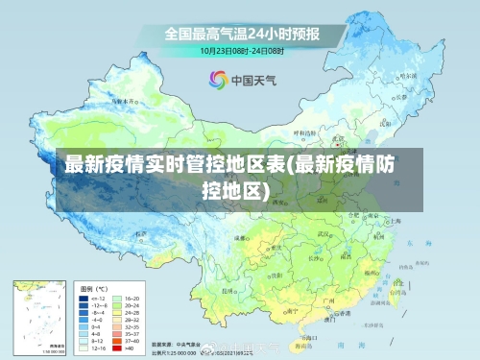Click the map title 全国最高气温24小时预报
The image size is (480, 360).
point(241,34)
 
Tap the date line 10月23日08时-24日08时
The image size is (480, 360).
point(241,49)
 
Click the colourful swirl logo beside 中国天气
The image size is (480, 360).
point(218,80)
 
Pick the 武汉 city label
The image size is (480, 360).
point(337,233)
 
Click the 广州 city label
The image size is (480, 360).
point(328,300)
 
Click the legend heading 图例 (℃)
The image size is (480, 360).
point(94,287)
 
